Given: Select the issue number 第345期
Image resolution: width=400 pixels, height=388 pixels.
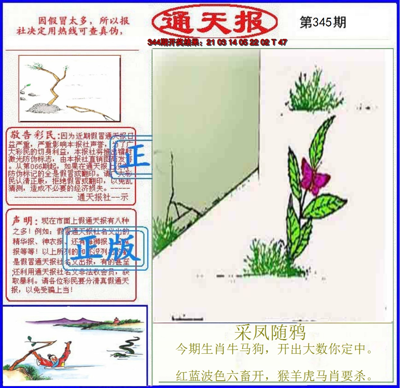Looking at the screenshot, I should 323,22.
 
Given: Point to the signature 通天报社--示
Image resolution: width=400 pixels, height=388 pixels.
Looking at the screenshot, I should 102,198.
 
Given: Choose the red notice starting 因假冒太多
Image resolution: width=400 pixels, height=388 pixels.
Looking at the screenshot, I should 73,26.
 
